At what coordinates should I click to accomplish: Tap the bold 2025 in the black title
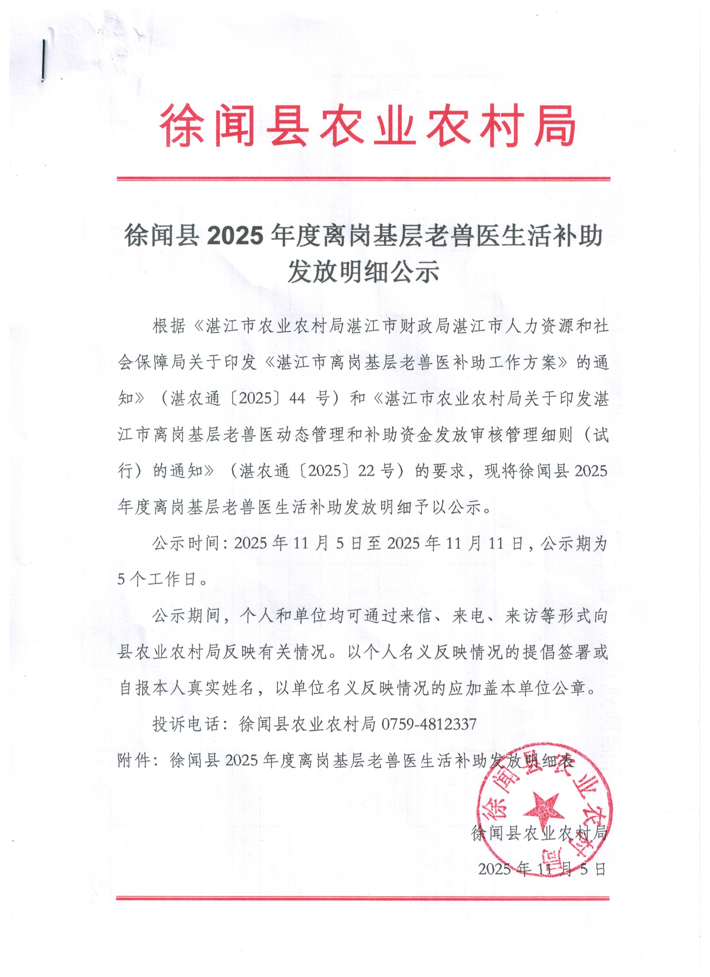[235, 236]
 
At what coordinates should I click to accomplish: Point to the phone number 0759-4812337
[429, 724]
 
